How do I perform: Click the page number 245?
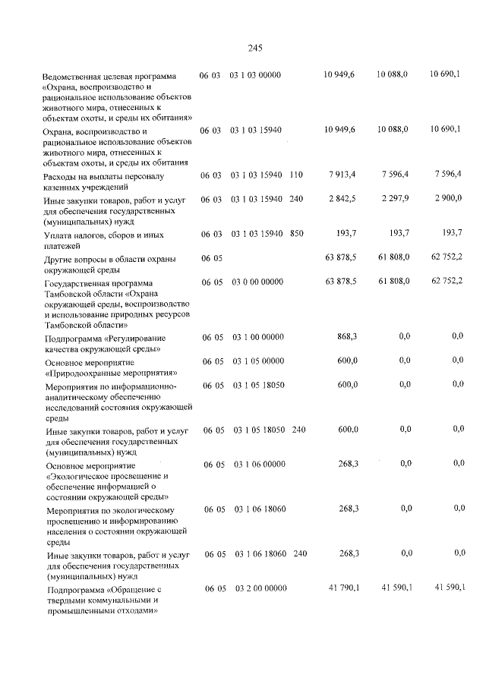click(x=254, y=48)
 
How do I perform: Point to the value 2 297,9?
click(x=393, y=200)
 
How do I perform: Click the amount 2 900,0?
click(x=447, y=200)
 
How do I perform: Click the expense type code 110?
click(x=296, y=175)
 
